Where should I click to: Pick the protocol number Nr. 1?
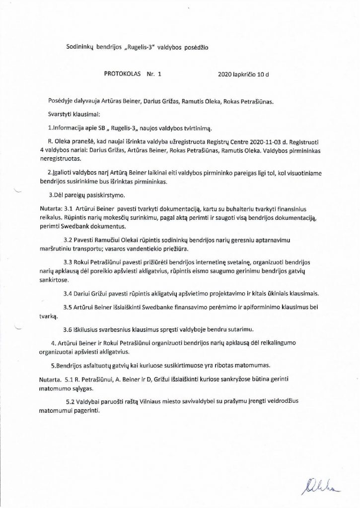tap(154, 74)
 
